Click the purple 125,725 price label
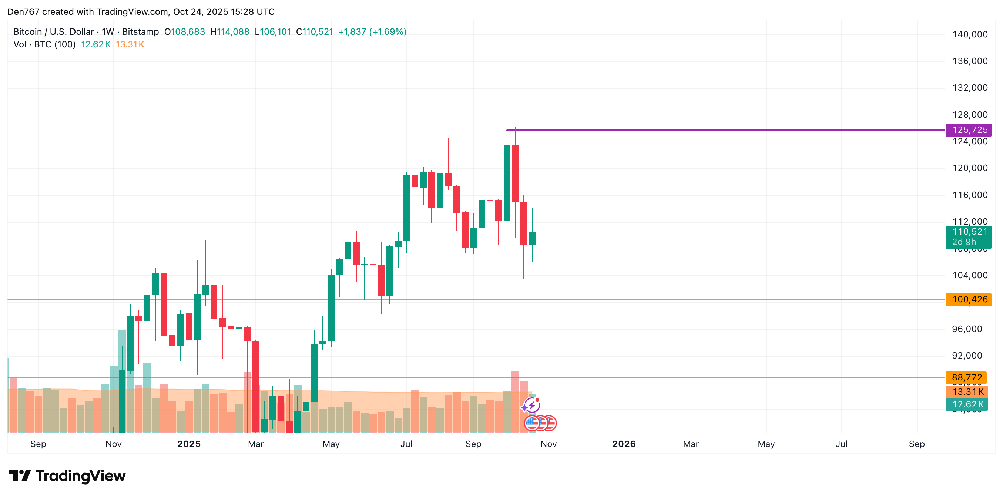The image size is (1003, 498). coord(969,130)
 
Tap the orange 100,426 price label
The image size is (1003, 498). coord(969,299)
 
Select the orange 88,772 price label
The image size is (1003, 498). coord(966,377)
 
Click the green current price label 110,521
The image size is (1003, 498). coord(969,232)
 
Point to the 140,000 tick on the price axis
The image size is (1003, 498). coord(970,34)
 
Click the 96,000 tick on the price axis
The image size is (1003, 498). coord(970,329)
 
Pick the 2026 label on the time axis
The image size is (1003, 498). coord(624,444)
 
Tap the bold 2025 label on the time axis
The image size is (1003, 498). coord(189,444)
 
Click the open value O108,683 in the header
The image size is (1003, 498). coord(185,32)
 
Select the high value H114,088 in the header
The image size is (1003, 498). coord(230,32)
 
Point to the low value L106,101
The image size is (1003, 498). coord(272,32)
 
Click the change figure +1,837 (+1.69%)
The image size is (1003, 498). coord(372,32)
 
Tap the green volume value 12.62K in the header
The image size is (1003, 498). coord(96,44)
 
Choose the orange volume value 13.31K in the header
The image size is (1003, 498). coord(130,44)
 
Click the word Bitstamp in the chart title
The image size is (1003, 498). coord(140,32)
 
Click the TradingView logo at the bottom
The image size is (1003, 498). coord(67,476)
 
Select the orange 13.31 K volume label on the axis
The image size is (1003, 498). coord(967,392)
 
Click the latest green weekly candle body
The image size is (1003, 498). coord(532,238)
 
